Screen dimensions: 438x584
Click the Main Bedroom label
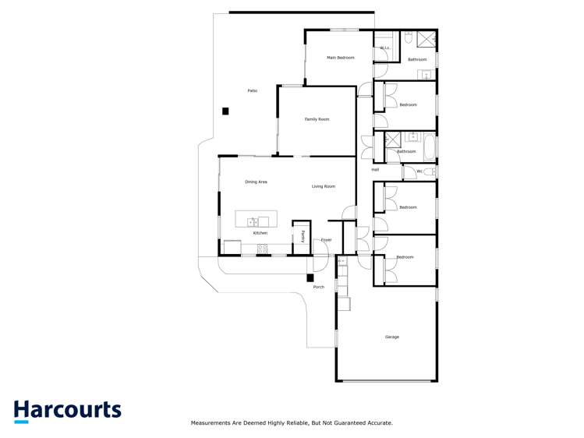tap(340, 58)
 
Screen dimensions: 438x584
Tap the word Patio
tap(253, 91)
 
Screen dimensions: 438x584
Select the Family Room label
tap(317, 119)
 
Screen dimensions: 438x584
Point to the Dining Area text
tap(256, 182)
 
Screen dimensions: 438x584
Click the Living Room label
tap(323, 186)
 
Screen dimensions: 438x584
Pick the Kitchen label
tap(260, 233)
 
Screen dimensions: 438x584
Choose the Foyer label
tap(326, 240)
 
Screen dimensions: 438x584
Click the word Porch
tap(318, 287)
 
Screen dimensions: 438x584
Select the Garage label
tap(391, 337)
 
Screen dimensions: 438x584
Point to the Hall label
tap(375, 169)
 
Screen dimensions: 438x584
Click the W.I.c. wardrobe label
tap(384, 48)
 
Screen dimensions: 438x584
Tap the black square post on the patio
tap(225, 111)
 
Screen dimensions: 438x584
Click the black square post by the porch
tap(310, 277)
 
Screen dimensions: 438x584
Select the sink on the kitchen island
tap(253, 222)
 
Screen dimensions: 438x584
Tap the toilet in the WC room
tap(428, 171)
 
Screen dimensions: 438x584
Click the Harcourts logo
tap(67, 411)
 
